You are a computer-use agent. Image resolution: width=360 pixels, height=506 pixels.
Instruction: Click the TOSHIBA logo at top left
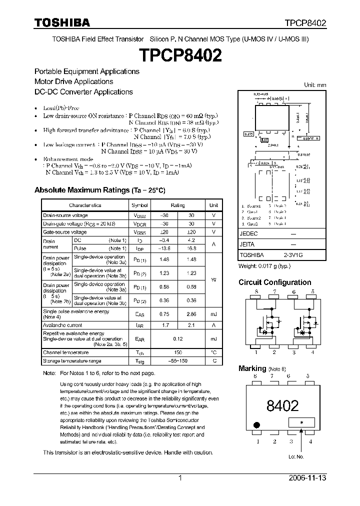click(62, 22)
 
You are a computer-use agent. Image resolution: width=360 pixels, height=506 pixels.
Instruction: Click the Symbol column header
click(140, 205)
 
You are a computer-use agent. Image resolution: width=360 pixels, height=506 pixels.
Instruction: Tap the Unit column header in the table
click(213, 205)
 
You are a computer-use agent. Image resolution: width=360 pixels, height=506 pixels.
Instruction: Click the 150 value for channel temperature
click(178, 352)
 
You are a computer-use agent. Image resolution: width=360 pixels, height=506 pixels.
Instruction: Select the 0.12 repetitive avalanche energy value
click(178, 338)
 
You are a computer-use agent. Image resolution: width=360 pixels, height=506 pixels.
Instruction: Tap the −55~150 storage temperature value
click(178, 360)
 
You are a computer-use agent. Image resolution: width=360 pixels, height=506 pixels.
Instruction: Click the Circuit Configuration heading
click(274, 282)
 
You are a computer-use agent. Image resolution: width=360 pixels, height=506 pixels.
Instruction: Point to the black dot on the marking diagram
click(257, 425)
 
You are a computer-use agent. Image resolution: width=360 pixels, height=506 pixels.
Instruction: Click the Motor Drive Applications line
click(73, 81)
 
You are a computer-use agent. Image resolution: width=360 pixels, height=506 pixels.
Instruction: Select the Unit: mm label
click(315, 85)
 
